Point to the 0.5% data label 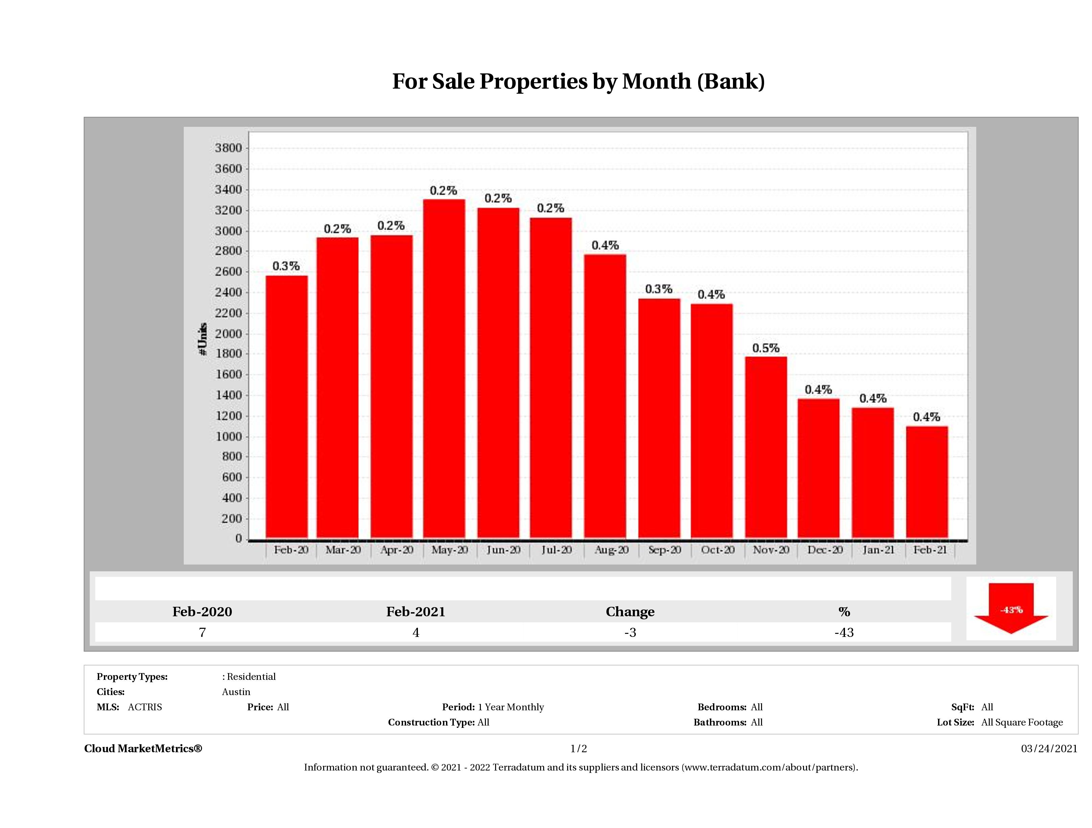tap(766, 348)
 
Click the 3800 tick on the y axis tap(228, 148)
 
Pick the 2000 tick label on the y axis tap(228, 333)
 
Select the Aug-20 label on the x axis tap(611, 550)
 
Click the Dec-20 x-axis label tap(825, 550)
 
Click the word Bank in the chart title tap(731, 82)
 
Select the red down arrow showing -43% tap(1010, 608)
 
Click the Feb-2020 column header tap(202, 612)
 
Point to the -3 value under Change tap(630, 632)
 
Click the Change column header tap(630, 612)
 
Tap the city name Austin tap(236, 692)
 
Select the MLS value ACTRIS tap(144, 707)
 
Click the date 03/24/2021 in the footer tap(1049, 749)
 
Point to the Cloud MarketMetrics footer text tap(143, 749)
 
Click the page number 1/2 tap(579, 749)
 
